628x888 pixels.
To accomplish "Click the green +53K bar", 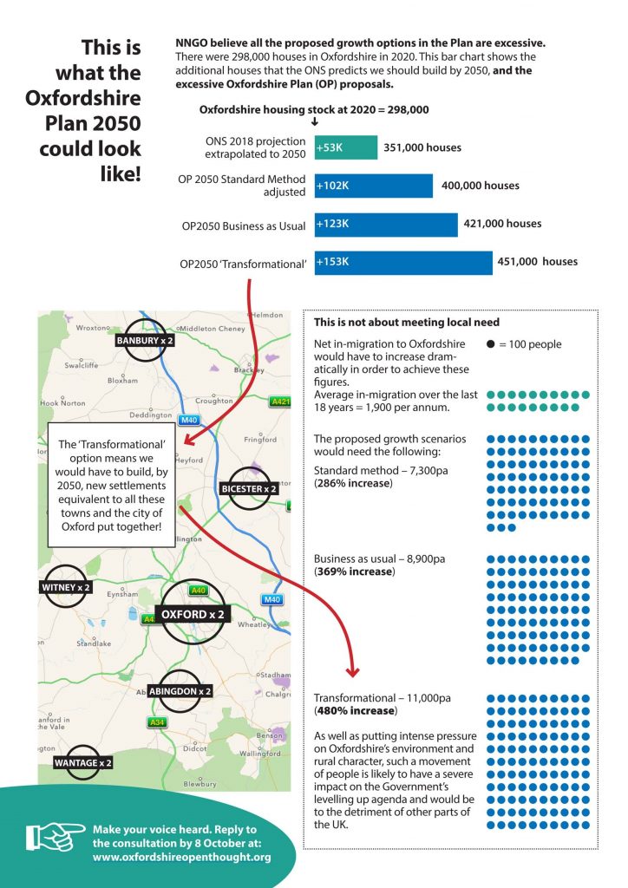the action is click(346, 147).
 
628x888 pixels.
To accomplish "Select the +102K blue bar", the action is click(374, 186).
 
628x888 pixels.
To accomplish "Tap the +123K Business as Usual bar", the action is click(386, 225).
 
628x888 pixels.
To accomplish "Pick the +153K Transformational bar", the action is click(403, 262).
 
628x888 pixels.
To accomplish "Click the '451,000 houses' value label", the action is click(538, 262).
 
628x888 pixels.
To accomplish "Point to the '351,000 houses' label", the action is click(422, 147).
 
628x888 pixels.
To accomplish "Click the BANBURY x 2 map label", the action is click(144, 340).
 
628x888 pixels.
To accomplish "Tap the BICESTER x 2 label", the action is click(249, 489).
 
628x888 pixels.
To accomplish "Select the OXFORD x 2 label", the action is click(193, 615).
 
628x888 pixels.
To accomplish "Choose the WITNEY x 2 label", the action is click(66, 587).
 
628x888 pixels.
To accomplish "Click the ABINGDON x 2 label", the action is click(180, 691).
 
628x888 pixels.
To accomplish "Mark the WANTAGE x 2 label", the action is click(82, 763).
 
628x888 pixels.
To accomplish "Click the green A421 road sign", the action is click(280, 402).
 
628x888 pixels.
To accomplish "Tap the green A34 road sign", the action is click(157, 722).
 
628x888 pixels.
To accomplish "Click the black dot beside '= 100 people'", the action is click(490, 344).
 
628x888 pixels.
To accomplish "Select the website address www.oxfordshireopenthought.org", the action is click(182, 857).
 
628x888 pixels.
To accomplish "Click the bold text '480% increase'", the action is click(356, 711).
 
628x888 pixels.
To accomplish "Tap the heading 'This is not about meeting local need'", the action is click(407, 323).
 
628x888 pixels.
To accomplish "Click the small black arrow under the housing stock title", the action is click(315, 121).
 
